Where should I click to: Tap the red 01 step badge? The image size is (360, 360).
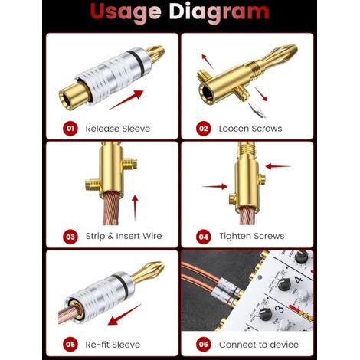click(x=70, y=129)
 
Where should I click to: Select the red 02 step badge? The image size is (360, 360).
click(x=204, y=129)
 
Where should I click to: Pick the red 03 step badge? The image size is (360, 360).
click(x=70, y=237)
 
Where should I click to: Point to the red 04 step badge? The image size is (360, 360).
click(x=204, y=237)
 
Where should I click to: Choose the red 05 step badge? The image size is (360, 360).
click(x=70, y=345)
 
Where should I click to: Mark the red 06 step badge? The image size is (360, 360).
click(x=204, y=345)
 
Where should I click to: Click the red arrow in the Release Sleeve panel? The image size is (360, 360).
click(x=126, y=100)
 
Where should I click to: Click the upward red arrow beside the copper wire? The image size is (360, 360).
click(x=135, y=208)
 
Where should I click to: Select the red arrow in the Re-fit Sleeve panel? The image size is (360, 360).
click(x=124, y=315)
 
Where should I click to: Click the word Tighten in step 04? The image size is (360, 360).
click(x=234, y=237)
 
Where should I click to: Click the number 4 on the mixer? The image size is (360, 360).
click(x=298, y=279)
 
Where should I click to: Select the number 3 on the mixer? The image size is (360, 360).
click(x=279, y=309)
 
